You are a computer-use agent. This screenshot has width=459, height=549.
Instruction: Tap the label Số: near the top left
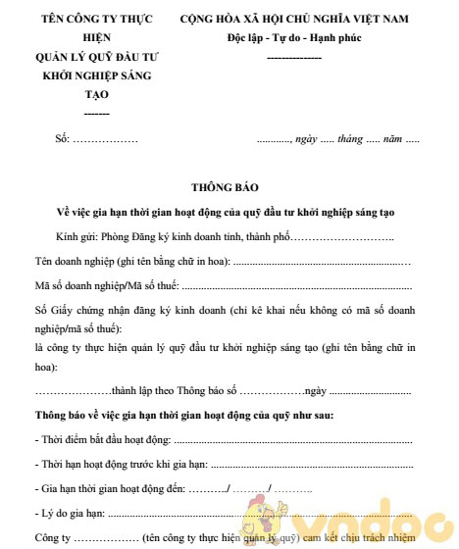tap(64, 141)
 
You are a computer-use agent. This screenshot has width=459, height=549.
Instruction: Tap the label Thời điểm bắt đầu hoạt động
tap(103, 440)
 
